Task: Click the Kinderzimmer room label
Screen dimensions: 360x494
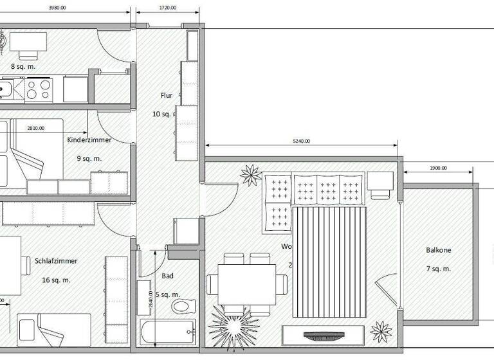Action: [89, 139]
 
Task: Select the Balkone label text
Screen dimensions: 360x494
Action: [439, 250]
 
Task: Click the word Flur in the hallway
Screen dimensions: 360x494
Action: [167, 96]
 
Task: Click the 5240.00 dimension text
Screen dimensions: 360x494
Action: [300, 141]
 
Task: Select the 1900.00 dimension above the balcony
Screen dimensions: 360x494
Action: [437, 168]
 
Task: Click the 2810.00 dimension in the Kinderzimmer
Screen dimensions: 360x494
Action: [36, 128]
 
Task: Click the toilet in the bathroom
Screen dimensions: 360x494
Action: [182, 306]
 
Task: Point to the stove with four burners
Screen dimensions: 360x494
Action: [38, 89]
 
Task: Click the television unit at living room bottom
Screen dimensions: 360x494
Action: [323, 335]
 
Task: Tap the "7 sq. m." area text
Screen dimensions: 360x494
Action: [438, 269]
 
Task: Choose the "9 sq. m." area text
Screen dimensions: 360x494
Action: [89, 158]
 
